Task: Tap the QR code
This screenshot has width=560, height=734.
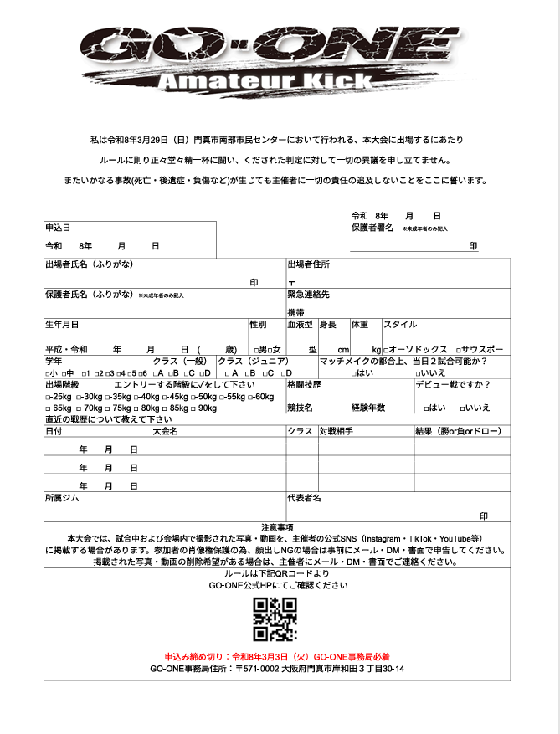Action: click(275, 619)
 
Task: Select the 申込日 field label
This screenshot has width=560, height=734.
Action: click(58, 228)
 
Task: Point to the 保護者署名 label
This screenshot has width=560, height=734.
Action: click(372, 228)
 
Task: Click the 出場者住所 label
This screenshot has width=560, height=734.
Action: click(308, 264)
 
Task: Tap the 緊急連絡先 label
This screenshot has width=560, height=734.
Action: click(308, 295)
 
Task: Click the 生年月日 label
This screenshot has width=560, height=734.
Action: click(63, 325)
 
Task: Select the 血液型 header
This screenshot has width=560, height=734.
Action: click(300, 325)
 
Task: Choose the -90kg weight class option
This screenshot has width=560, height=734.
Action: click(202, 408)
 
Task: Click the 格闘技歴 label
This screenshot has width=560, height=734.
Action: click(304, 385)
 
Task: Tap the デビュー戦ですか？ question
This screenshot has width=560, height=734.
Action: click(453, 385)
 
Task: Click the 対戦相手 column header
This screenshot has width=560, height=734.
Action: click(336, 432)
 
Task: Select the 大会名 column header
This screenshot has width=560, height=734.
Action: click(165, 432)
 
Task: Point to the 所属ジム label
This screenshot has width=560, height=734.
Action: click(64, 498)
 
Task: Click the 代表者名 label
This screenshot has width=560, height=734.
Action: click(304, 498)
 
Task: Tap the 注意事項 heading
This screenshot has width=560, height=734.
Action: click(276, 527)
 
